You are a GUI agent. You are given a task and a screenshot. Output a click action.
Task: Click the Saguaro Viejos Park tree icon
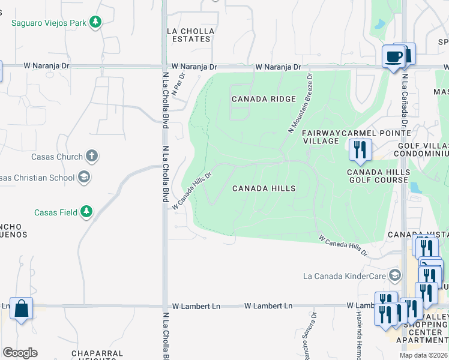(95, 22)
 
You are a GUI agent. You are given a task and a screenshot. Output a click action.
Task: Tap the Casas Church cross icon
(91, 157)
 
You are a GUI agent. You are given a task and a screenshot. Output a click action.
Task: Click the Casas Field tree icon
(87, 212)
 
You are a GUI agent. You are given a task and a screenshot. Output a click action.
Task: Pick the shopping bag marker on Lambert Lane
(21, 309)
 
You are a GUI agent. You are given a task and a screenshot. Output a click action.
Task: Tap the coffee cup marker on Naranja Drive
(393, 57)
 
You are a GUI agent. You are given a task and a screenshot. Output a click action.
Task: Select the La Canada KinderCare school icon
(395, 276)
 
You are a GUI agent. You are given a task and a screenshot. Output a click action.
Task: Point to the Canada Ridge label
(264, 99)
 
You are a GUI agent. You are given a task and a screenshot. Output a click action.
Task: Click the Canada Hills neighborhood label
(264, 188)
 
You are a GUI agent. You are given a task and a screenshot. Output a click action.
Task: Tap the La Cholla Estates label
(188, 35)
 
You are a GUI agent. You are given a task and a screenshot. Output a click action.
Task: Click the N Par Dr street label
(177, 83)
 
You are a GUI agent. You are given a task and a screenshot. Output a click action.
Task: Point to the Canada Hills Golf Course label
(378, 176)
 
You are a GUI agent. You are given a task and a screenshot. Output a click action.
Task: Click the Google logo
(20, 353)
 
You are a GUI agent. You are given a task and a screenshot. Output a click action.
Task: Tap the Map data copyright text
(423, 355)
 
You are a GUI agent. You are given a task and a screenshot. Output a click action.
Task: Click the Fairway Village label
(321, 136)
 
